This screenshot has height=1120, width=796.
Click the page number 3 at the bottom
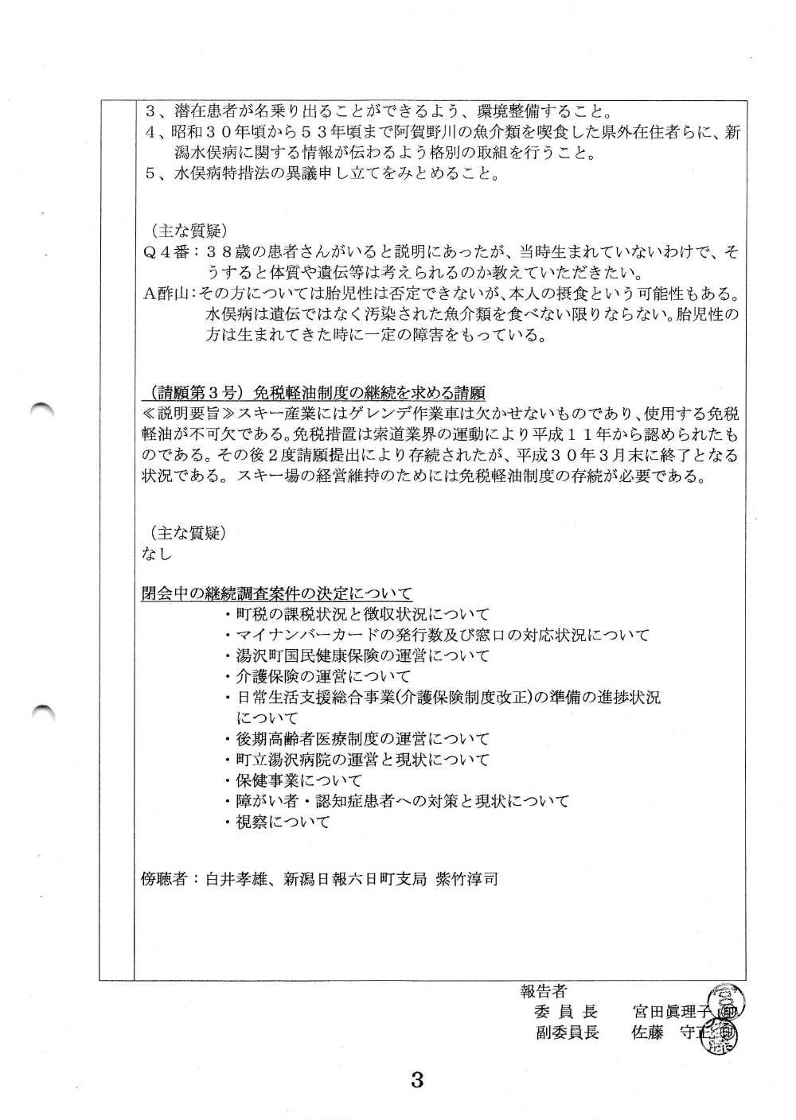point(416,1080)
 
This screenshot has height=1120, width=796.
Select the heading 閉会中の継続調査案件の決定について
point(276,593)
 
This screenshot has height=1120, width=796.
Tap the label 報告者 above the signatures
point(543,991)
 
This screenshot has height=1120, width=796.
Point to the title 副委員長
point(567,1032)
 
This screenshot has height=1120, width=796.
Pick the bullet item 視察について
point(277,822)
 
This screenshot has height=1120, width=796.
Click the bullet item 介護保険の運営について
point(318,677)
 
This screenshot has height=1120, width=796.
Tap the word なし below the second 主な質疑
point(156,554)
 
